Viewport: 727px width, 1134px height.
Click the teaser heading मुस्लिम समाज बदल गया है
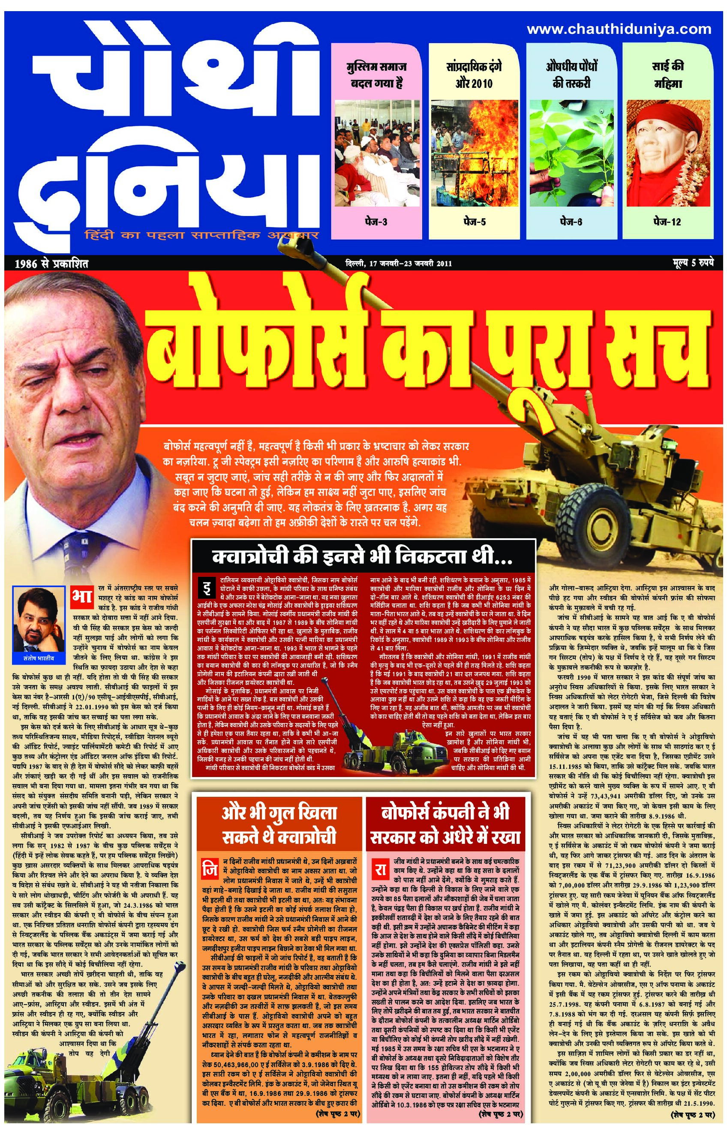coord(376,75)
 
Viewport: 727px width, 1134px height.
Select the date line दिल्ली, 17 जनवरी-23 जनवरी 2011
coord(398,263)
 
